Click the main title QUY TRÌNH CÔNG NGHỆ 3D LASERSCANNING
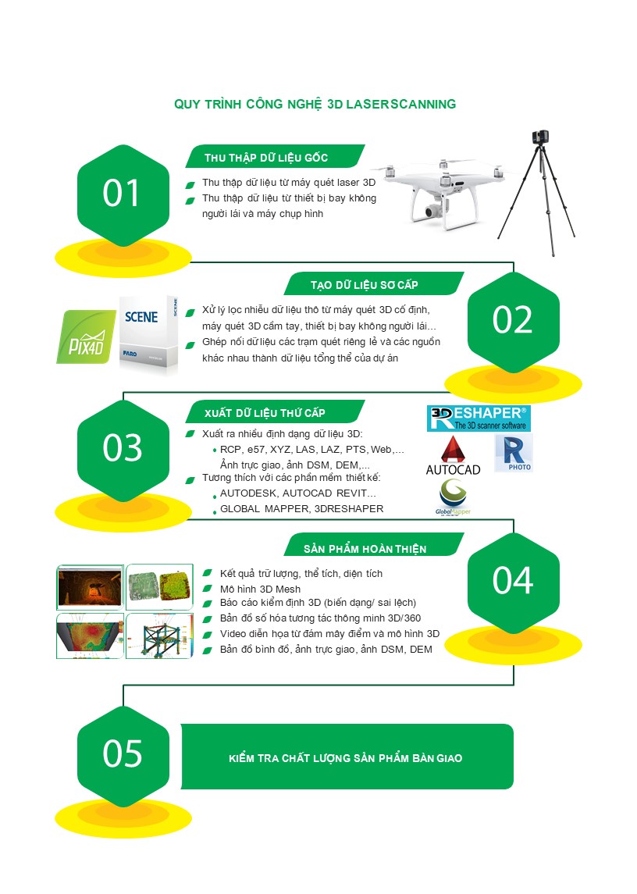coord(315,105)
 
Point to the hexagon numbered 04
coord(513,582)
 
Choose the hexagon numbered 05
coord(123,756)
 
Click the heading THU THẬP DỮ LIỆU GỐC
coord(266,158)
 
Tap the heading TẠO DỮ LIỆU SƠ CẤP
coord(365,285)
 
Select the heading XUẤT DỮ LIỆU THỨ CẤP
coord(265,413)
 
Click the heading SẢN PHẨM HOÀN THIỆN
coord(365,549)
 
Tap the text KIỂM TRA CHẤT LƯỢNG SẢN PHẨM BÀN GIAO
coord(346,758)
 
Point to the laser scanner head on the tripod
coord(541,137)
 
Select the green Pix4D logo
coord(86,337)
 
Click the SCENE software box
coord(148,334)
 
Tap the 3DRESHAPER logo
coord(479,419)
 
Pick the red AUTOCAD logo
coord(453,455)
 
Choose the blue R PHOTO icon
coord(514,453)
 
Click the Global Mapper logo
coord(453,497)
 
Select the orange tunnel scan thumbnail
coord(90,588)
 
